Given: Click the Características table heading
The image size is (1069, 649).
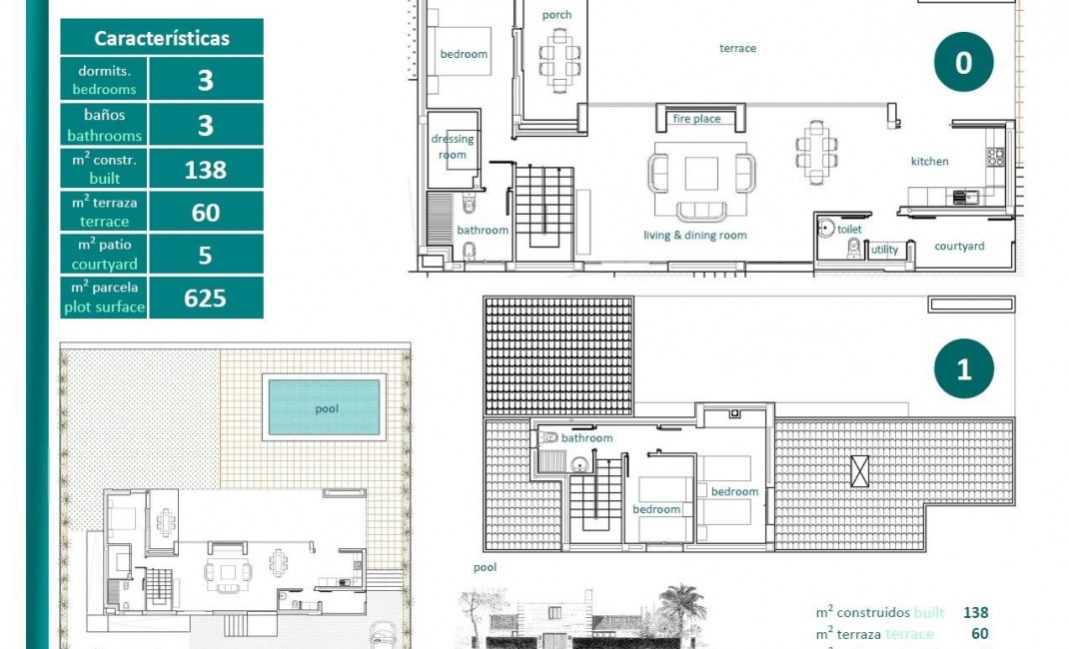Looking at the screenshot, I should click(162, 38).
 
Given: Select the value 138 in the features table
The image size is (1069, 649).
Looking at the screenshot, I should click(205, 169).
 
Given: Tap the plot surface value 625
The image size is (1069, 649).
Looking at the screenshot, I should click(205, 298).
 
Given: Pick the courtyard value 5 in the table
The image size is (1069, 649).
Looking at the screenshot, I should click(205, 255).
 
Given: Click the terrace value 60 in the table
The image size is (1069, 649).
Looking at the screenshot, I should click(205, 212).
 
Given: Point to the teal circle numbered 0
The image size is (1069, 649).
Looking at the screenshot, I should click(963, 63).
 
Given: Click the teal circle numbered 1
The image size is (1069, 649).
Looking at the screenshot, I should click(963, 369).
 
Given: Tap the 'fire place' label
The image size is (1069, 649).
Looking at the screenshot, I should click(696, 119).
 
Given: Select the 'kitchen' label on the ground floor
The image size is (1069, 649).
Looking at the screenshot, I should click(929, 161).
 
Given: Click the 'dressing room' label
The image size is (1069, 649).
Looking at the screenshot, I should click(453, 147).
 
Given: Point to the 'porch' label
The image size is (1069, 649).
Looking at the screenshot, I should click(556, 15).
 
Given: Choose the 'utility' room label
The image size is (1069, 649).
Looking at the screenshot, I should click(884, 250).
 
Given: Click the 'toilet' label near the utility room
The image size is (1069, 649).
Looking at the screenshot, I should click(849, 229).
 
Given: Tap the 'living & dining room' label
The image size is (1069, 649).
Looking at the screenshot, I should click(694, 236).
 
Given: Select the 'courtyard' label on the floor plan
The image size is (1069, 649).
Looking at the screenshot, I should click(959, 246).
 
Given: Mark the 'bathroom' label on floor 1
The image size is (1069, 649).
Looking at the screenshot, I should click(586, 438).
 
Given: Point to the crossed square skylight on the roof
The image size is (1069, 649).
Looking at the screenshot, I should click(859, 470).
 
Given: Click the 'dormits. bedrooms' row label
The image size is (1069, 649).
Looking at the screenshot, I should click(104, 79).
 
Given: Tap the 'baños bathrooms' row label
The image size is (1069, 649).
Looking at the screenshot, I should click(104, 125).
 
